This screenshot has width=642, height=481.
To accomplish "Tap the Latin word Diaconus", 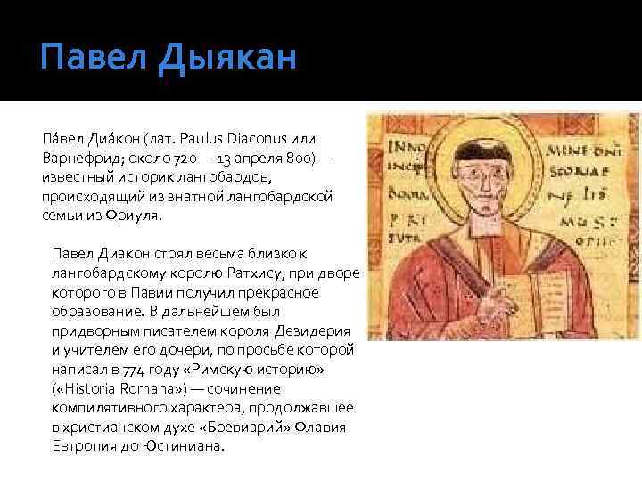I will [x=259, y=138].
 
